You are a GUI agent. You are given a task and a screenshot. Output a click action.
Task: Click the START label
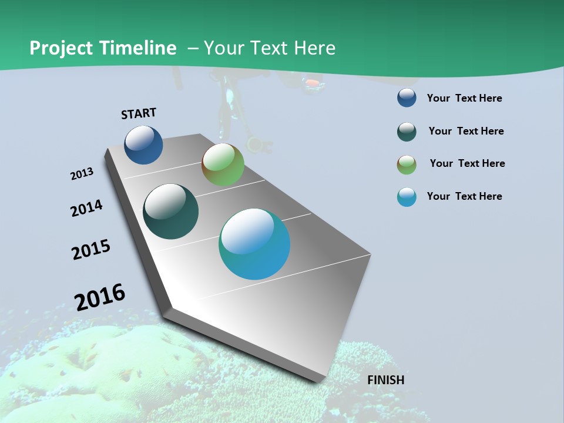[139, 113]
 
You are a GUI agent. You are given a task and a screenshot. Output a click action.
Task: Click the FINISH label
[385, 380]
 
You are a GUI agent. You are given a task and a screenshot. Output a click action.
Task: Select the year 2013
[82, 174]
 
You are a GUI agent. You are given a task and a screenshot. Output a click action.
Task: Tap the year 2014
[87, 208]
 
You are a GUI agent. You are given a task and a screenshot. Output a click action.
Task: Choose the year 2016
[100, 297]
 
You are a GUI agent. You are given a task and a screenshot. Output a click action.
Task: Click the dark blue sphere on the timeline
[143, 145]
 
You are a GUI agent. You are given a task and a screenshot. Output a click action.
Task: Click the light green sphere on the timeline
[223, 164]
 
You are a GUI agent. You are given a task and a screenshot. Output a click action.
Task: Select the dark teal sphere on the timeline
[170, 211]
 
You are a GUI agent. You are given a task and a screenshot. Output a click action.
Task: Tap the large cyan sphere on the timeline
[254, 244]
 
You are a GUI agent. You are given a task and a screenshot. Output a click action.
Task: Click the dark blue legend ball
[407, 98]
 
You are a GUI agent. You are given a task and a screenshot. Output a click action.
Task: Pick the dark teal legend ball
[407, 132]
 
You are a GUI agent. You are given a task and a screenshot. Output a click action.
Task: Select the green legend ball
[407, 164]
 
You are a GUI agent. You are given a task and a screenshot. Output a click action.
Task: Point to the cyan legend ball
[407, 197]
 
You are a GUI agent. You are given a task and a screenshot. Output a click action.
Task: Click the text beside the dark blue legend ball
[464, 98]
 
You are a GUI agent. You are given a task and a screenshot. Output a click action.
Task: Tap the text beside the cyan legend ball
[464, 196]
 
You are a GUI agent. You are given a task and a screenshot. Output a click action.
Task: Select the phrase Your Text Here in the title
[270, 48]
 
